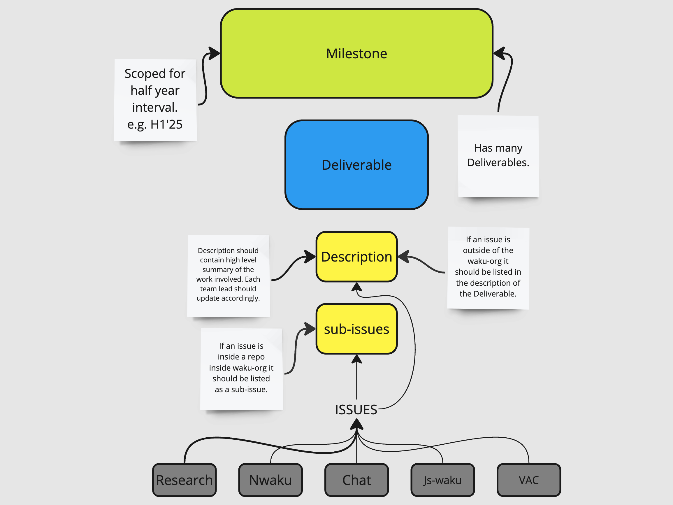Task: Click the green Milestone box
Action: point(356,54)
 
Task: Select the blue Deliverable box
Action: point(356,165)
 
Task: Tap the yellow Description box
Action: point(356,257)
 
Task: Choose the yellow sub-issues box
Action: point(356,329)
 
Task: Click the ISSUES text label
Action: point(356,410)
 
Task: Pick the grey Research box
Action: point(184,480)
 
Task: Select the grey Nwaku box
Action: point(270,480)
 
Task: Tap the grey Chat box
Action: point(356,480)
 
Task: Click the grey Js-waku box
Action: point(442,480)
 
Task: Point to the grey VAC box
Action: point(528,480)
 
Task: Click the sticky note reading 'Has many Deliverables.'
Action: point(498,156)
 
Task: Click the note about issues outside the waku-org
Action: point(488,268)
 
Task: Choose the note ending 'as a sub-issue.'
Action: point(241,368)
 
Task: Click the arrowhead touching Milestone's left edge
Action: point(215,53)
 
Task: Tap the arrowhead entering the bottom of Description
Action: point(356,287)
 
